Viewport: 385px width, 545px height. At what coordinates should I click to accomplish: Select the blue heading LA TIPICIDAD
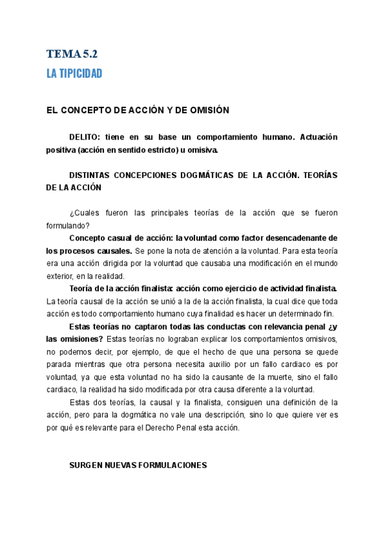pyautogui.click(x=74, y=74)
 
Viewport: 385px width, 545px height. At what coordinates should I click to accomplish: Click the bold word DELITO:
pyautogui.click(x=86, y=138)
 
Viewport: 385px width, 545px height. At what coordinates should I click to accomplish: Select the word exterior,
pyautogui.click(x=62, y=275)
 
